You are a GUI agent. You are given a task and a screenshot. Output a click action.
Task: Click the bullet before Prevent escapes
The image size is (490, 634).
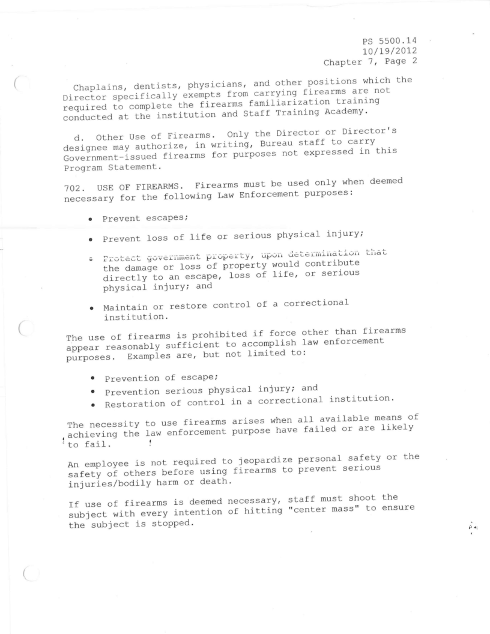tap(91, 219)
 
